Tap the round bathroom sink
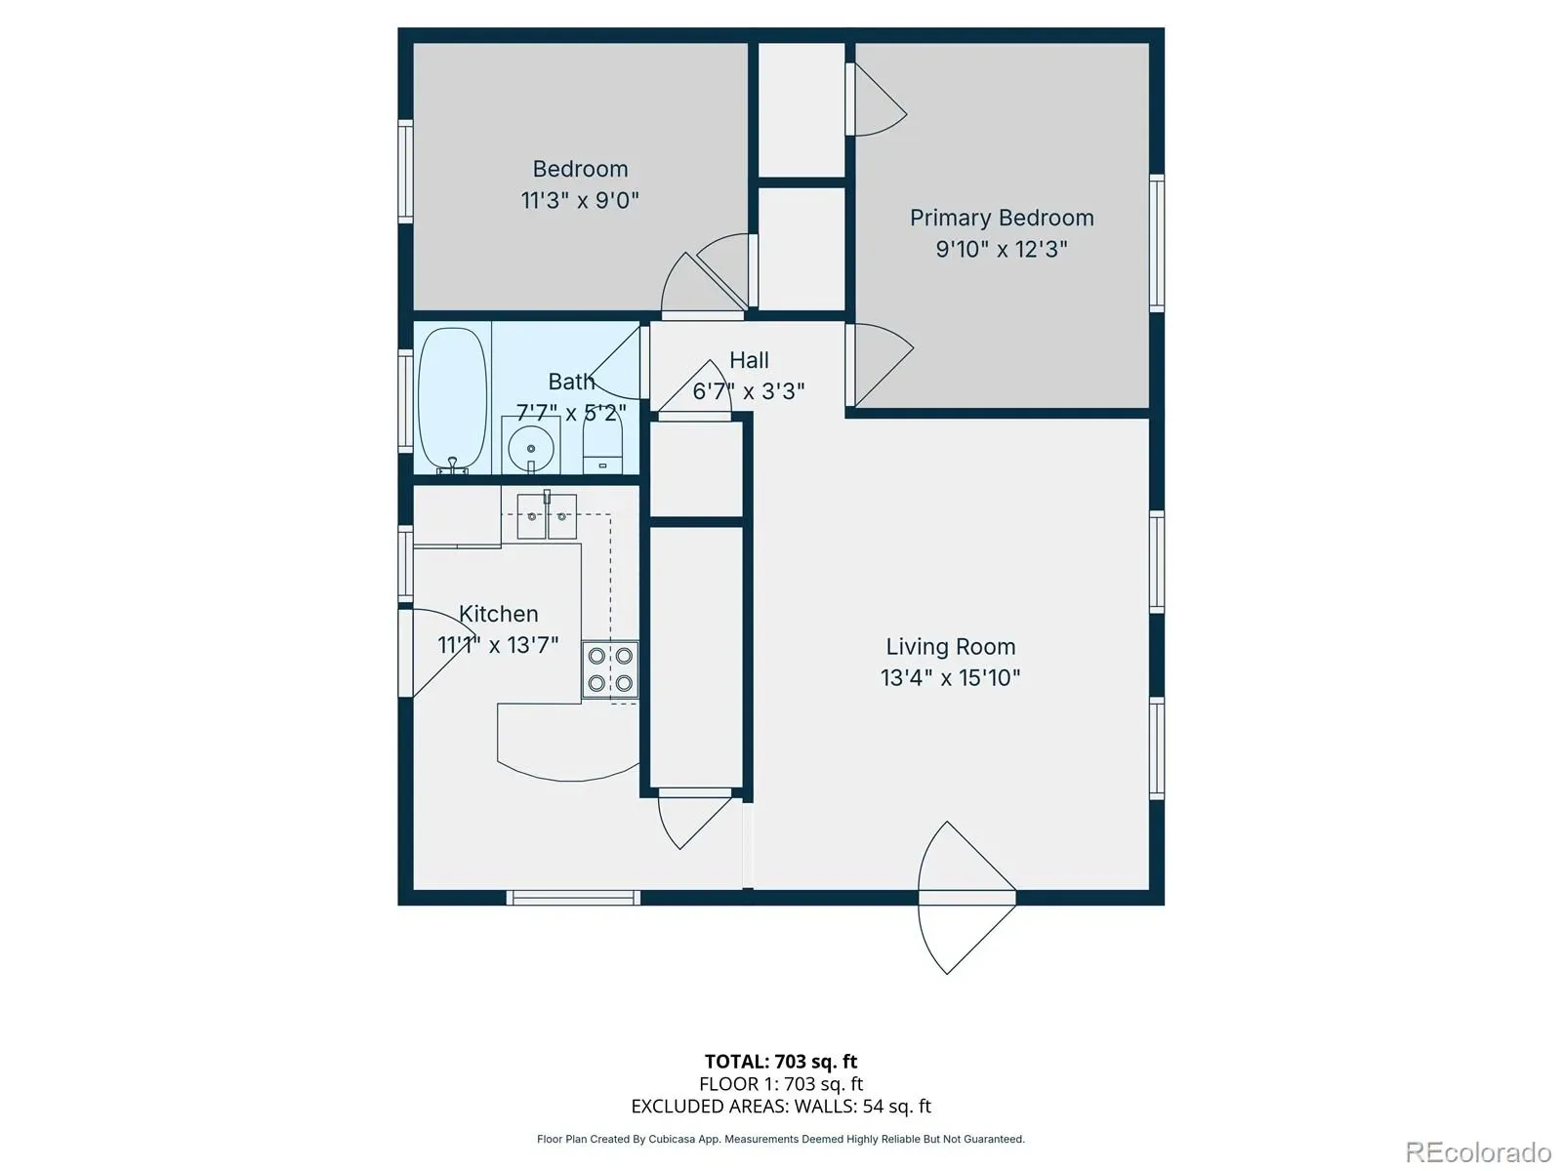tap(530, 449)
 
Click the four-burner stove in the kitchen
tap(610, 669)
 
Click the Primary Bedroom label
tap(1002, 218)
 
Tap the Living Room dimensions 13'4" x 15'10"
tap(950, 677)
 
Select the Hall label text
tap(749, 360)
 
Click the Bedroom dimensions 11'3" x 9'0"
tap(579, 200)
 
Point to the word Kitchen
tap(498, 613)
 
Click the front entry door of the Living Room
tap(967, 897)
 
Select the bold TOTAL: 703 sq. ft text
tap(781, 1062)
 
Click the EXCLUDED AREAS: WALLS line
tap(781, 1107)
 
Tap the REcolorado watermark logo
tap(1479, 1151)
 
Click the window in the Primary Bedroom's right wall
tap(1157, 243)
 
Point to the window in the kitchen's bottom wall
tap(573, 898)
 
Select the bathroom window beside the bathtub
tap(405, 400)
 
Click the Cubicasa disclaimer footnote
tap(781, 1139)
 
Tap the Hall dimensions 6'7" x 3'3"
tap(749, 391)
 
